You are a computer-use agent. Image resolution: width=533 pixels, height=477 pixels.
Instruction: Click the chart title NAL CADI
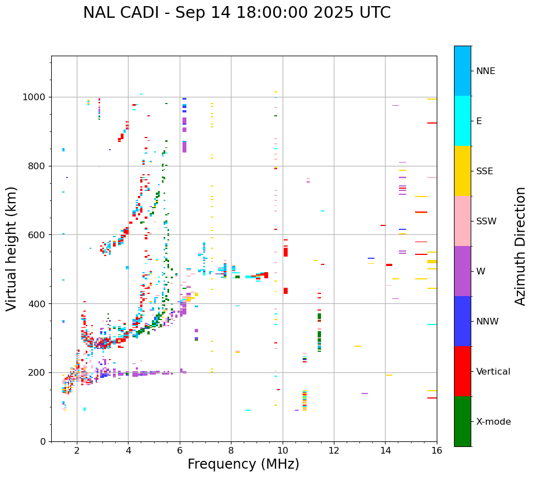[236, 13]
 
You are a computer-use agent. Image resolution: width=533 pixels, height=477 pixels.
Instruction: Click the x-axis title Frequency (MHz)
[243, 464]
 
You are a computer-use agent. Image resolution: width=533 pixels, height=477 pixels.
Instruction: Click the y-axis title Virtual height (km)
[12, 248]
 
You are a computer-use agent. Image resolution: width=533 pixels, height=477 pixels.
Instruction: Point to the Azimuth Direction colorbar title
[520, 246]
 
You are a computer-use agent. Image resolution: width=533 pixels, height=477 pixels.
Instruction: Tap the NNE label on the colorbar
[485, 71]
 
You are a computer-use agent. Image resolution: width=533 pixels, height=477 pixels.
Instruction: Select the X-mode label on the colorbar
[493, 422]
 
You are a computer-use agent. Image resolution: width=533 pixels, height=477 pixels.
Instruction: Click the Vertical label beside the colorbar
[493, 372]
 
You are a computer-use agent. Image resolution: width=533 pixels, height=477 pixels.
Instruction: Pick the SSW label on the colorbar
[486, 222]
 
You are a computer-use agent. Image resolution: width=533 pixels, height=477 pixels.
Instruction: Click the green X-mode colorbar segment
[462, 421]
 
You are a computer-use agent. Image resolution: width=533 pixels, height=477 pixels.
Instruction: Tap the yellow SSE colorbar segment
[462, 171]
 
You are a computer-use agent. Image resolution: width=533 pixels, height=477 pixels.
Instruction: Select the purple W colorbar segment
[462, 271]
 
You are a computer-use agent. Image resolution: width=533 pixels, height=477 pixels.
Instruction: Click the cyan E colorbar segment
[462, 121]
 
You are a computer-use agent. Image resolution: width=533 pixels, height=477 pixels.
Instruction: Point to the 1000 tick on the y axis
[36, 97]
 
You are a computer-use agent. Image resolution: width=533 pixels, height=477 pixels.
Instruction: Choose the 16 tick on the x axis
[437, 450]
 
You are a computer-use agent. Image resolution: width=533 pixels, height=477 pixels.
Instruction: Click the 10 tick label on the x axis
[283, 450]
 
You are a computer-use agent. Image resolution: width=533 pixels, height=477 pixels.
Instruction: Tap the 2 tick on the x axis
[77, 450]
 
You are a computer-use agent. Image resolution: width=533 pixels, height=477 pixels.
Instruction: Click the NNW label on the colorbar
[487, 322]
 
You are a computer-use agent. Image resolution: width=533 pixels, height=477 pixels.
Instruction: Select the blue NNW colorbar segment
[462, 321]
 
